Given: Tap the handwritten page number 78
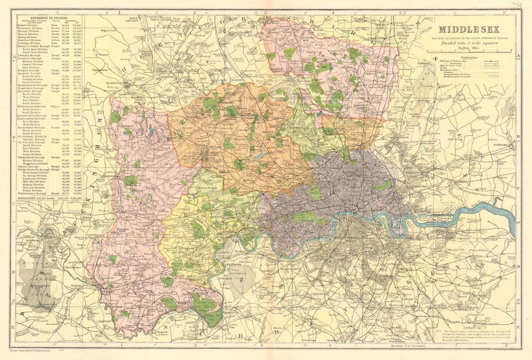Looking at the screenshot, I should click(514, 6).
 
